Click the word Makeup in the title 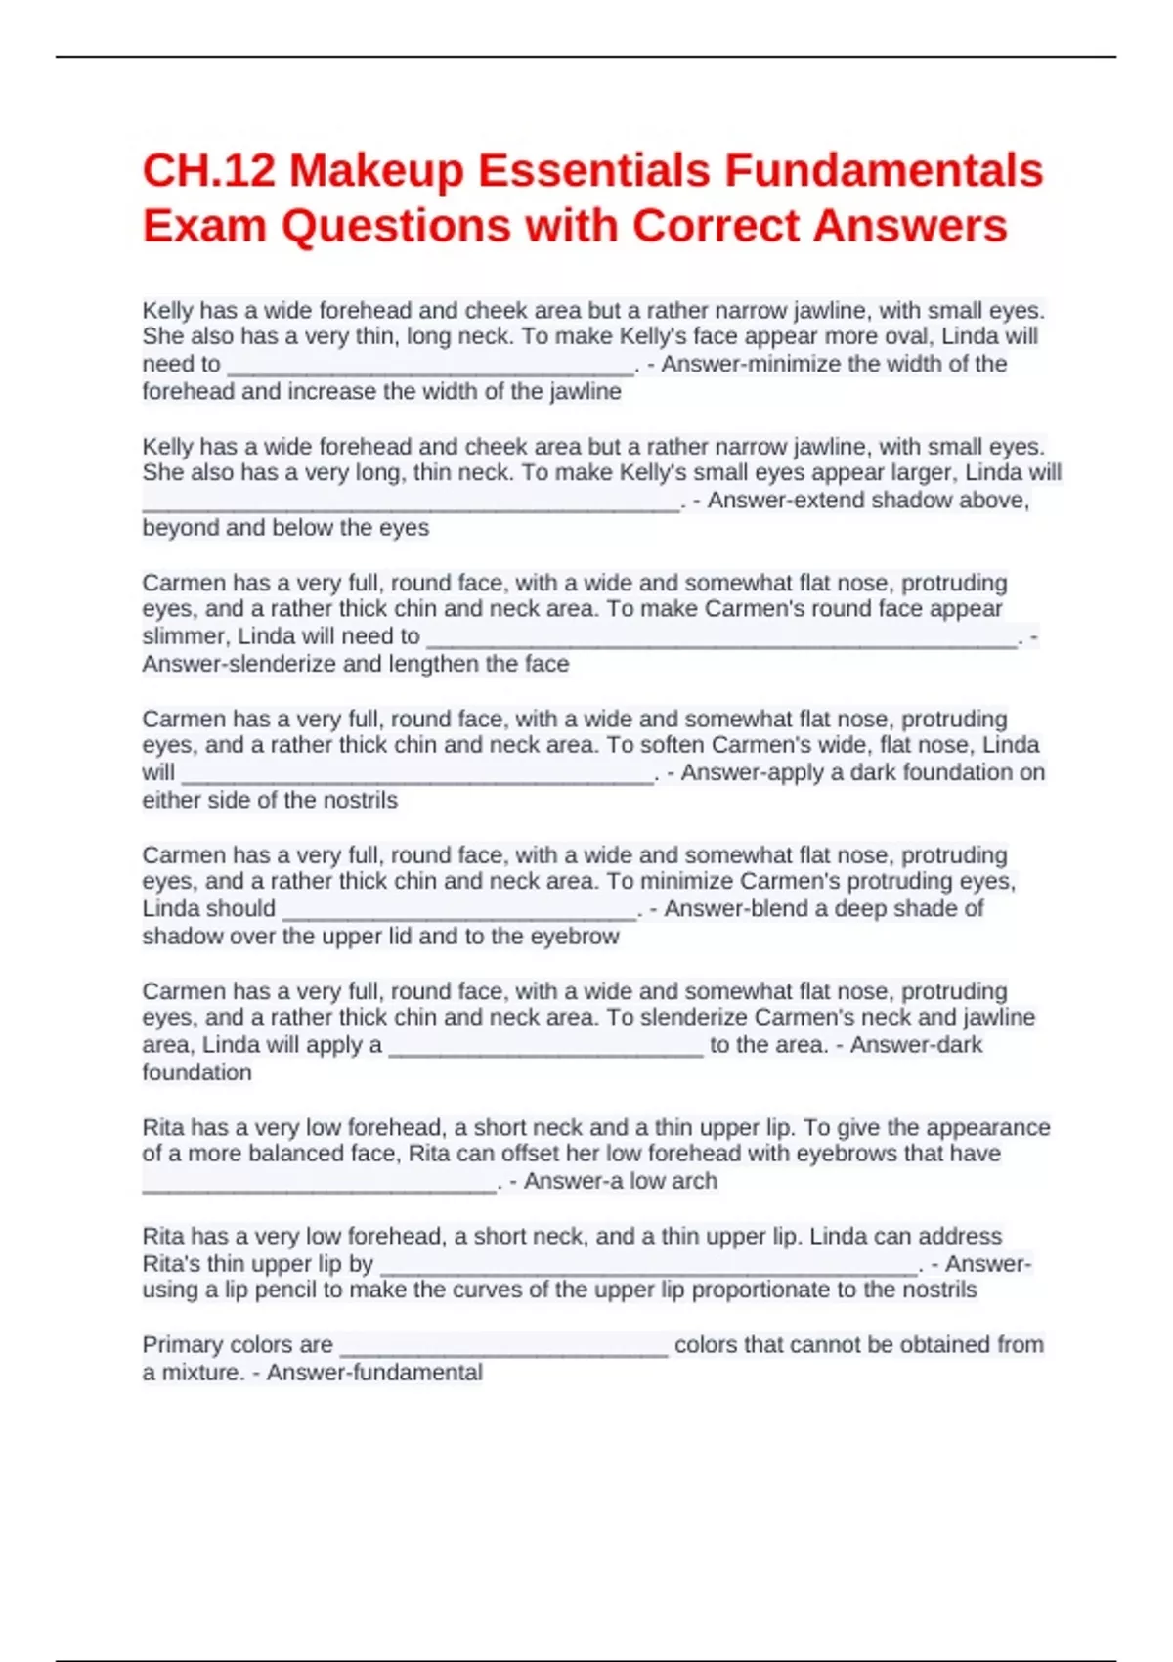click(376, 170)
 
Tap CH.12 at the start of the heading click(207, 170)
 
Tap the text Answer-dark click(916, 1045)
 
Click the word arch click(694, 1181)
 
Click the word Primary click(186, 1345)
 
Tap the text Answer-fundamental click(374, 1373)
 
